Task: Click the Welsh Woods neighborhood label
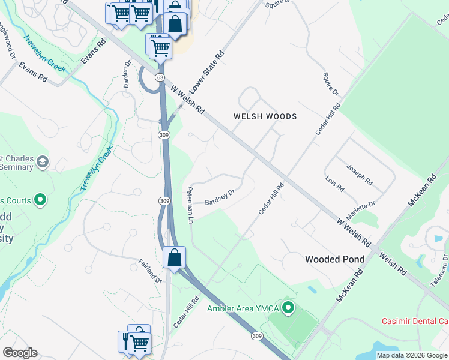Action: point(265,116)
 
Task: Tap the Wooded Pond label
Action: point(334,259)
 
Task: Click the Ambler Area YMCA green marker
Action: point(288,308)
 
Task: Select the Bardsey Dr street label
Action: point(219,197)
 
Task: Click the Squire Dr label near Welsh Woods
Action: point(332,85)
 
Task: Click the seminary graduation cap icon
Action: point(43,162)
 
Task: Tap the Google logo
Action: point(20,353)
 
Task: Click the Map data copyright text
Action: point(411,355)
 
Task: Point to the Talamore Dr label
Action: point(444,264)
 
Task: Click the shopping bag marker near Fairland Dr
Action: point(174,258)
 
